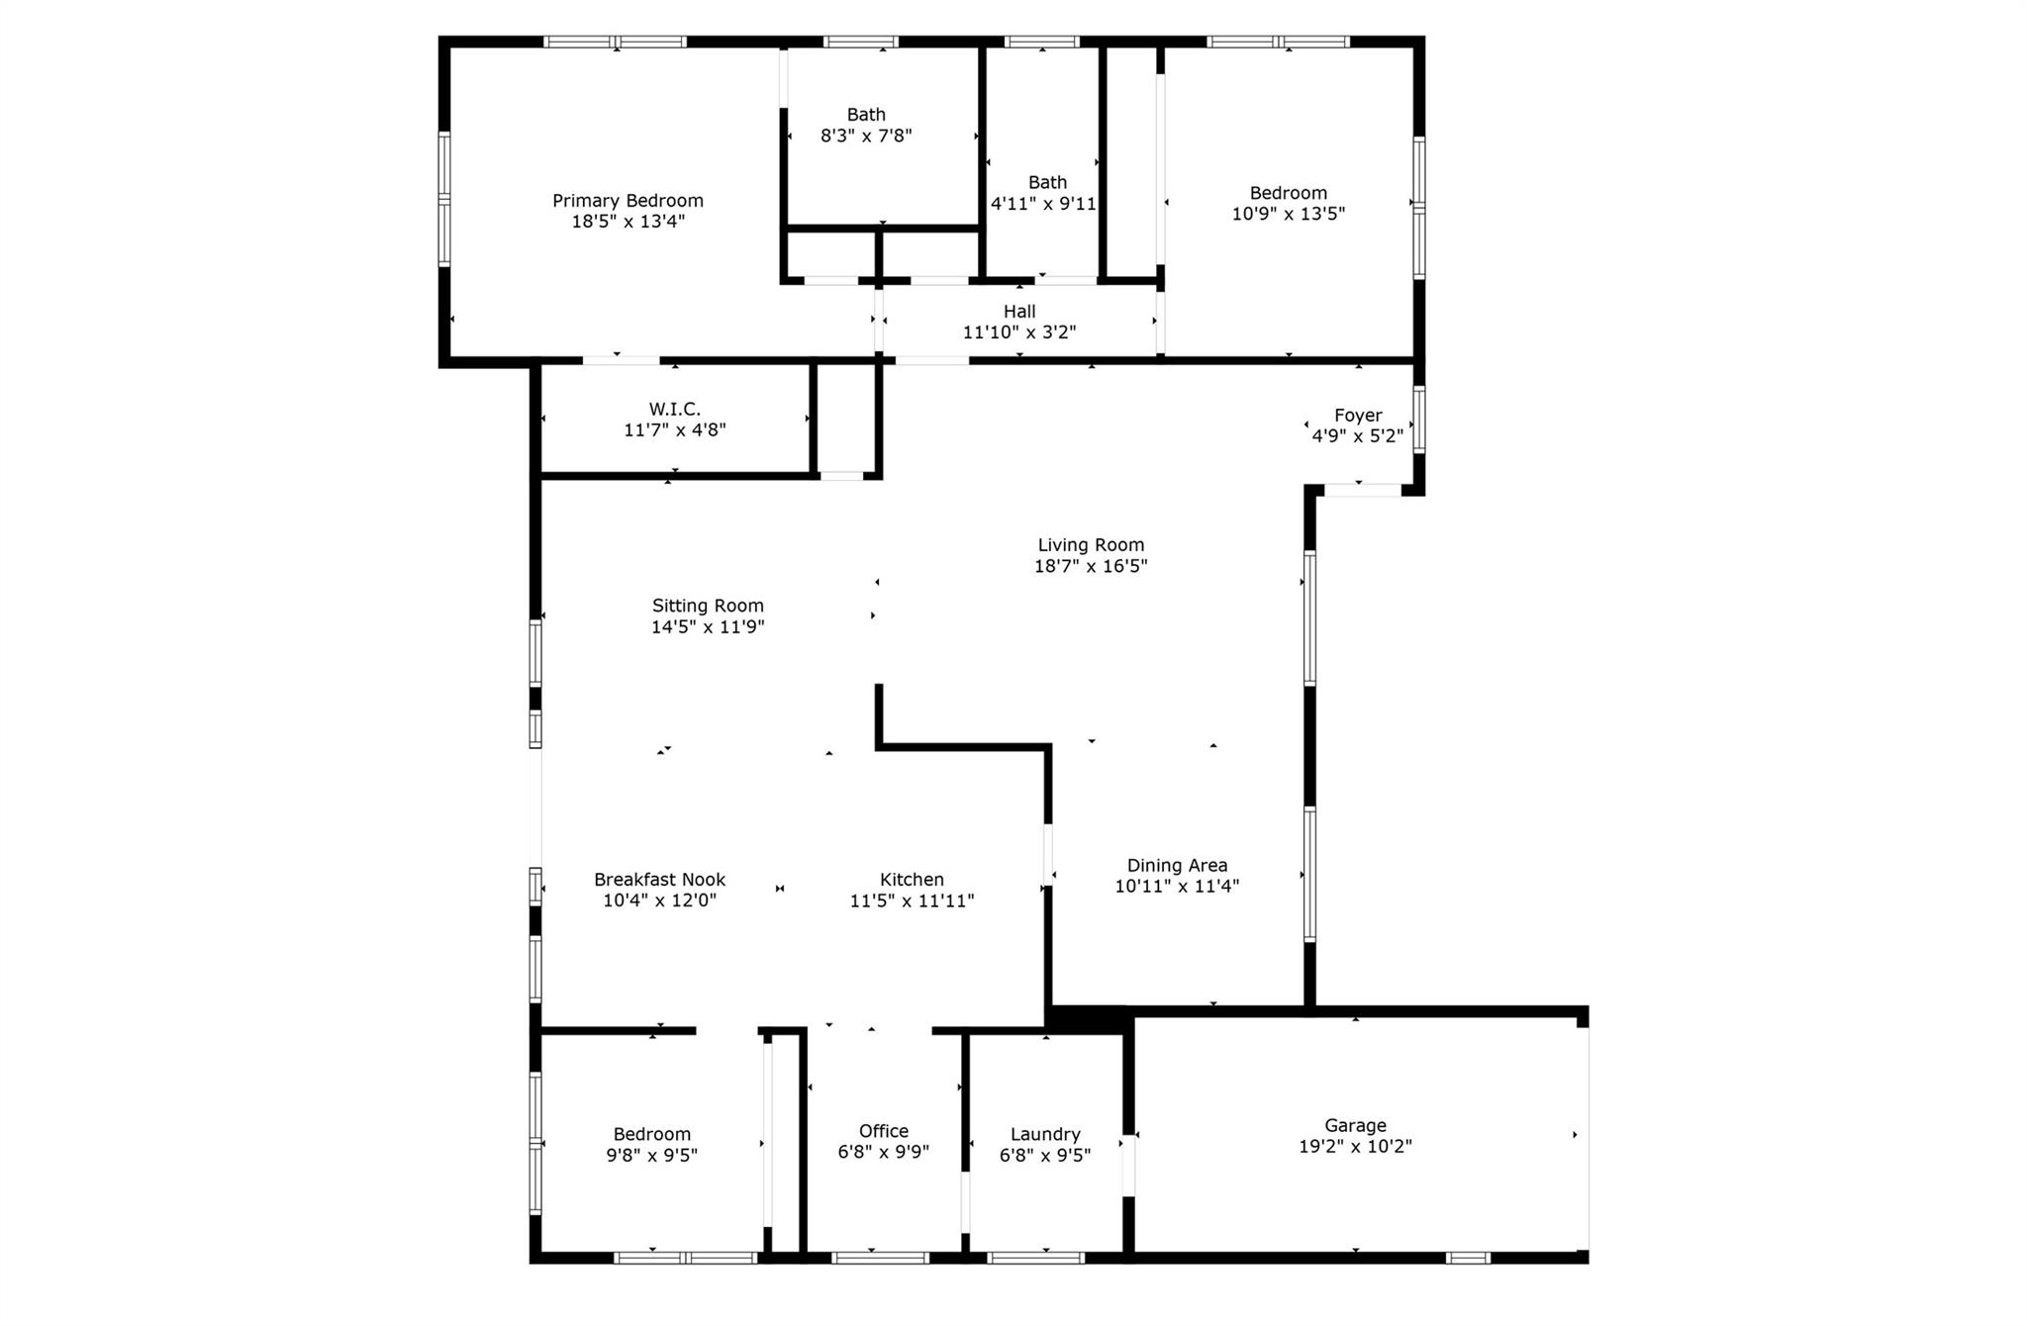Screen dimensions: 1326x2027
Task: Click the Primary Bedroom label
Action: pos(627,201)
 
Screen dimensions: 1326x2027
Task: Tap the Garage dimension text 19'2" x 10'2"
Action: pos(1355,1147)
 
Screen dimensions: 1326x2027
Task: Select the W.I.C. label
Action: pos(675,409)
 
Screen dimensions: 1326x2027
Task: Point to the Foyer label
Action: pos(1358,416)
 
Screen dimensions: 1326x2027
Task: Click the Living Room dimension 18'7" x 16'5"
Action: pos(1091,566)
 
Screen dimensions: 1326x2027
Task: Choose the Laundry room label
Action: pos(1045,1134)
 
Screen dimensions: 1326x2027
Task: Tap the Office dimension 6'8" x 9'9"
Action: pos(884,1152)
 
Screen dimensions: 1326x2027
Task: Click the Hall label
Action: pos(1019,312)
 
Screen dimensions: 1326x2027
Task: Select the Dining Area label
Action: pos(1177,866)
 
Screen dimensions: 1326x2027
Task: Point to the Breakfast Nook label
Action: pos(659,880)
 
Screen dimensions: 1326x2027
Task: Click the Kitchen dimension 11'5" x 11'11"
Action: pos(912,900)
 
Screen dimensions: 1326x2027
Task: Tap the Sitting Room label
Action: pos(708,606)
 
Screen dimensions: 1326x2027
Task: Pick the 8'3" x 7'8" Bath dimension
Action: pos(866,136)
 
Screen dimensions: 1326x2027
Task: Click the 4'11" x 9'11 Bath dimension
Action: pos(1043,204)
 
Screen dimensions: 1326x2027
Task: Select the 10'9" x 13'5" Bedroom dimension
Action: pos(1288,214)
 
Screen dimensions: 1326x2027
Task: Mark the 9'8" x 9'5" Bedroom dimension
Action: pos(651,1155)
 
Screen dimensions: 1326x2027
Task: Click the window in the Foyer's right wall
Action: pos(1419,420)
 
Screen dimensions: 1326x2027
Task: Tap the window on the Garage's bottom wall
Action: pos(1468,1258)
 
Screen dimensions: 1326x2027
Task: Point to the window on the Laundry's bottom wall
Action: pos(1035,1258)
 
